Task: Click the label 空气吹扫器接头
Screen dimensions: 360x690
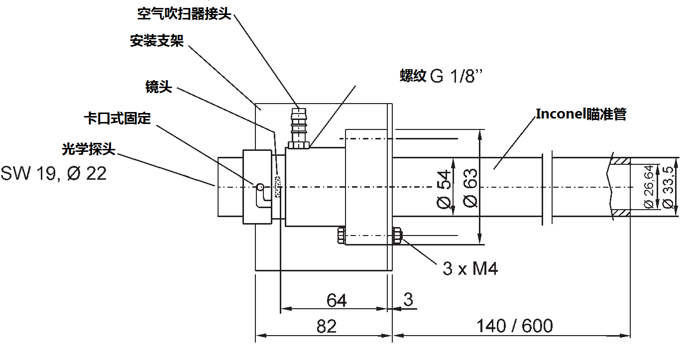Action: coord(184,13)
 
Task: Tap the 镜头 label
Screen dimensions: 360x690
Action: coord(158,88)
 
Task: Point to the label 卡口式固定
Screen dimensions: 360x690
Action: coord(117,119)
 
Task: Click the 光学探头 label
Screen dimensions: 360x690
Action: coord(88,149)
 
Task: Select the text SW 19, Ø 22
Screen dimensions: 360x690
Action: coord(53,174)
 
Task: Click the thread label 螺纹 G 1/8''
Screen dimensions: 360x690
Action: coord(441,76)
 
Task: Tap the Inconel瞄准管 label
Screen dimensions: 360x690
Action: coord(581,114)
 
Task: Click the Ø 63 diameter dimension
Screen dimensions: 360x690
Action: coord(470,188)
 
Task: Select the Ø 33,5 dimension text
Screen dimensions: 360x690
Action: coord(668,187)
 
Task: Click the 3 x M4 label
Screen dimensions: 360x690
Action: coord(470,269)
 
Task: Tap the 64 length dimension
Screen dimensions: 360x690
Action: coord(337,300)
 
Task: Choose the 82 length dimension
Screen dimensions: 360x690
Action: coord(327,327)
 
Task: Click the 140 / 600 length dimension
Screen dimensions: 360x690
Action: coord(514,326)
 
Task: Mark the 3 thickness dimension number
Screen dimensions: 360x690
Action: coord(408,300)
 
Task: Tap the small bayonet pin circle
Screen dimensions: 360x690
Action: coord(259,187)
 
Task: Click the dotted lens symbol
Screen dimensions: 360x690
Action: coord(277,187)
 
